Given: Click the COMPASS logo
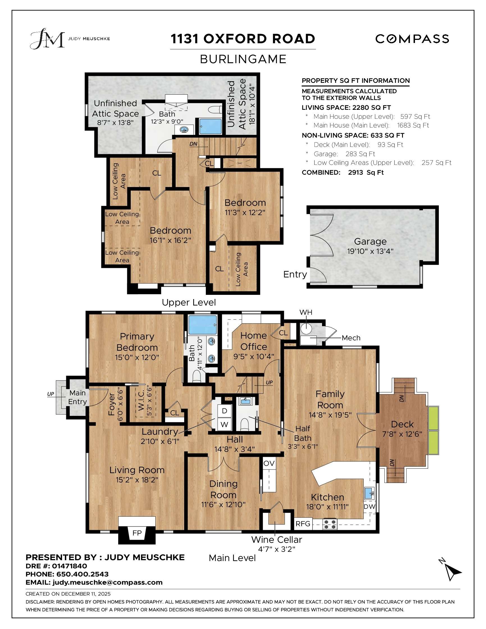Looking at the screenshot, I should click(x=412, y=39).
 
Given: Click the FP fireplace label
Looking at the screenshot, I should click(x=137, y=533).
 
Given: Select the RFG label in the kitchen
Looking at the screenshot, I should click(x=303, y=524).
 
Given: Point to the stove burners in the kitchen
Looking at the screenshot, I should click(x=330, y=524).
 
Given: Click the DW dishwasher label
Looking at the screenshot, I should click(x=369, y=506).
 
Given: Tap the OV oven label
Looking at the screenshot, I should click(x=269, y=463).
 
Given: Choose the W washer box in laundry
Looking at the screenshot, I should click(x=224, y=424).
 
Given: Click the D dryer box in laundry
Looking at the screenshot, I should click(x=224, y=411).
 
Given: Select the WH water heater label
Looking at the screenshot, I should click(x=305, y=312).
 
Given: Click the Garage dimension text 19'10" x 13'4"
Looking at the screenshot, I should click(x=370, y=251).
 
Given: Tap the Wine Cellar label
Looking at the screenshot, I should click(x=276, y=539).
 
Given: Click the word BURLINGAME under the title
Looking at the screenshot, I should click(x=243, y=59).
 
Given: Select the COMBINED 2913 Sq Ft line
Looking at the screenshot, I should click(x=343, y=172).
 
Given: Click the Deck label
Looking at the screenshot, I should click(x=402, y=424).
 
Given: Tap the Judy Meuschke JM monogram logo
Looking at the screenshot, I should click(x=47, y=38).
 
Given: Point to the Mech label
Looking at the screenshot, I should click(x=351, y=338).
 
